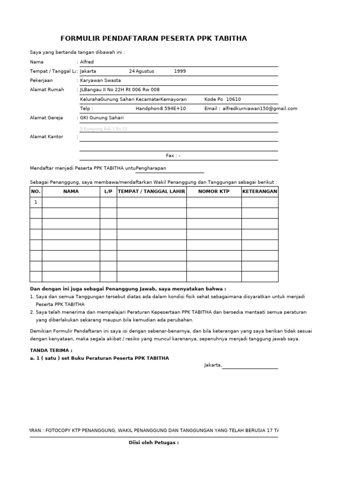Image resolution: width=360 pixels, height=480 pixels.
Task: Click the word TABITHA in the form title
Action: coord(230,38)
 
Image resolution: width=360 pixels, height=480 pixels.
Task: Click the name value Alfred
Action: coord(87,62)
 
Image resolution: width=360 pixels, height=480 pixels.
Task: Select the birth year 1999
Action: coord(180,71)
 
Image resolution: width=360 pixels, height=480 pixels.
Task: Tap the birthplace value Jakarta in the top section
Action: coord(89,71)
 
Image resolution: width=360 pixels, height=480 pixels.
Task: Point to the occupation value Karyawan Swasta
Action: coord(101,81)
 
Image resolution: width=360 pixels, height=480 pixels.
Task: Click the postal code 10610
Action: coord(233,99)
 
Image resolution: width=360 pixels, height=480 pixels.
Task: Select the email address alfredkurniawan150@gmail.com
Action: coord(260,109)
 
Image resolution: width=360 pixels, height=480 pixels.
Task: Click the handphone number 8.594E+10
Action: coord(173,109)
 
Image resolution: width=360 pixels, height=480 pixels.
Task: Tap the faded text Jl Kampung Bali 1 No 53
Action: coord(104,128)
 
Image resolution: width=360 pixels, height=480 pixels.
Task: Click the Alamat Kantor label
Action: coord(46,137)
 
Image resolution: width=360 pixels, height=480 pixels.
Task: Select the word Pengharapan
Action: coord(151,168)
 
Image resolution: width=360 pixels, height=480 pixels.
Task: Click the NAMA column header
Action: coord(71,191)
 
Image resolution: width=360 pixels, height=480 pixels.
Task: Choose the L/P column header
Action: coord(108,191)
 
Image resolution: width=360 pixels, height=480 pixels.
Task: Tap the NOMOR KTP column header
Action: coord(214,191)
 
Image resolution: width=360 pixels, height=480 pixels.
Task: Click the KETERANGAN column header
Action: coord(260,191)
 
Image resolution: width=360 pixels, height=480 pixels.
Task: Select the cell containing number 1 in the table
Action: coord(36,202)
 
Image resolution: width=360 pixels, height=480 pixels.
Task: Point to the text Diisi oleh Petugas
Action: coord(154,442)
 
